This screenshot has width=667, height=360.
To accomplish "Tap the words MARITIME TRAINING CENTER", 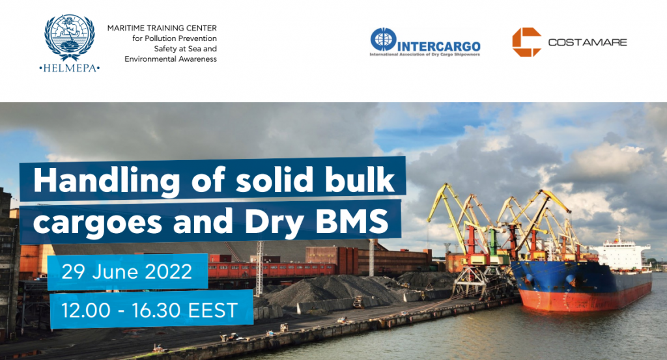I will click(162, 28).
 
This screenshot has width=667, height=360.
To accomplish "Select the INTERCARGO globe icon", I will click(383, 40).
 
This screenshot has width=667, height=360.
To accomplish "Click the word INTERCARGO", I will click(438, 47).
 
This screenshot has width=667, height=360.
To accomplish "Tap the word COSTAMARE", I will click(588, 42).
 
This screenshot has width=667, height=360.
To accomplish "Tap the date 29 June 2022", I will click(127, 271).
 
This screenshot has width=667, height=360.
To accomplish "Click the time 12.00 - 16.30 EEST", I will click(150, 311).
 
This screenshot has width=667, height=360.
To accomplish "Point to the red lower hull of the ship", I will click(580, 299).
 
